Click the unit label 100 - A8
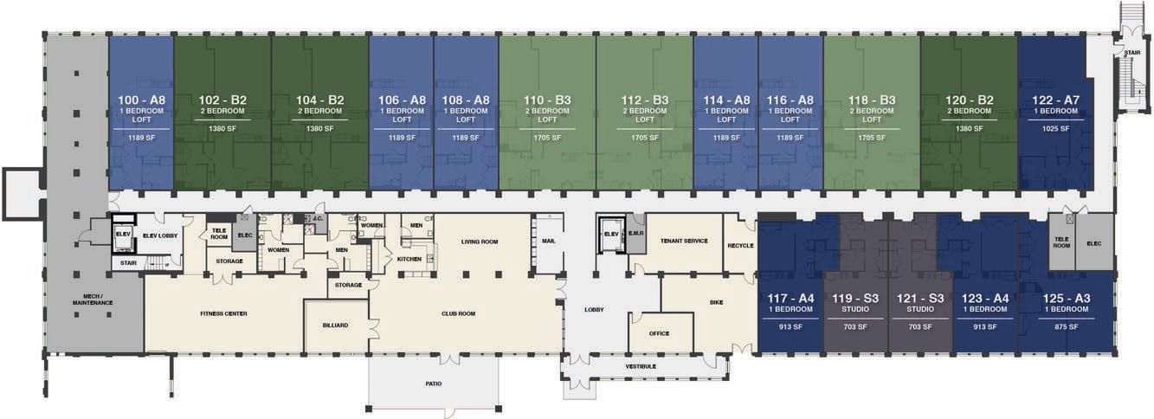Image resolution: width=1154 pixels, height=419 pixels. pos(142,100)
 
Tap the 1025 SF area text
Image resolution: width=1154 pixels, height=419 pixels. pos(1055,129)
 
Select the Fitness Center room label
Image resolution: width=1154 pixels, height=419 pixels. pos(223,313)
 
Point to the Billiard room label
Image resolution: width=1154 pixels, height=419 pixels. pos(335,326)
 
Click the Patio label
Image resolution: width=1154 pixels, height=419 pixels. pos(433,384)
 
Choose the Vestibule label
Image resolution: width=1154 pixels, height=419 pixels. pos(641,366)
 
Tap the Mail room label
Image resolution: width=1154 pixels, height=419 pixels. pos(549,241)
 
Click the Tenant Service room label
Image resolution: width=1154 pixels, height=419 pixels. pos(684,241)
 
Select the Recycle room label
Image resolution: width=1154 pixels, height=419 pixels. pos(740,246)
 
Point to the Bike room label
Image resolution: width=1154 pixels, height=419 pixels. pos(716,302)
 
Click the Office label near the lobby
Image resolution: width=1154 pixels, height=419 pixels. pos(659,333)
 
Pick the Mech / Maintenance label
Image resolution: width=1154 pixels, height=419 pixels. pos(93,300)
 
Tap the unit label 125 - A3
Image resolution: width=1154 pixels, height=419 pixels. pos(1067,298)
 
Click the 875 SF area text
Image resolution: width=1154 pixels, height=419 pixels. pos(1067,326)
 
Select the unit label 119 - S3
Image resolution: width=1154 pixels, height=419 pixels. pos(855,298)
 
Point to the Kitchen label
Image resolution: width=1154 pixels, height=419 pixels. pos(409,259)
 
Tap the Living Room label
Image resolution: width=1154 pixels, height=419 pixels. pos(479,242)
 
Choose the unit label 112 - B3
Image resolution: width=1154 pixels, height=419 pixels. pos(644,100)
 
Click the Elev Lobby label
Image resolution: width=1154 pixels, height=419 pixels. pos(160,235)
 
